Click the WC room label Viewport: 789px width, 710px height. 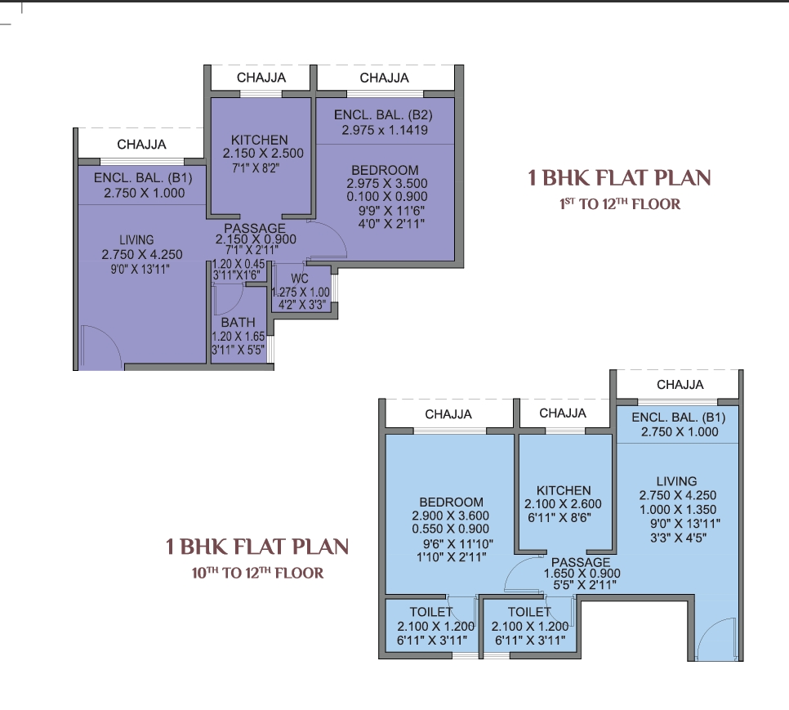click(x=300, y=279)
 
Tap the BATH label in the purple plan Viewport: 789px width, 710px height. click(x=238, y=323)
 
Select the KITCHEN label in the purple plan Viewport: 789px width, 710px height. click(x=260, y=140)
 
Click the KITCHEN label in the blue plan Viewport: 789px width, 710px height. click(x=564, y=490)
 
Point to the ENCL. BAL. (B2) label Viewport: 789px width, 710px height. click(x=383, y=115)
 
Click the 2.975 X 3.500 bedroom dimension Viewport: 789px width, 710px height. click(x=387, y=184)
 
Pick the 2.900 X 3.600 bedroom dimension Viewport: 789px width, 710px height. click(x=450, y=516)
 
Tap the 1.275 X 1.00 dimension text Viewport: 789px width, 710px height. click(x=301, y=292)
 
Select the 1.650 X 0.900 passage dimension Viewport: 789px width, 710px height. click(x=582, y=574)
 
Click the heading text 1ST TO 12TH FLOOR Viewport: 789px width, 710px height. click(x=620, y=203)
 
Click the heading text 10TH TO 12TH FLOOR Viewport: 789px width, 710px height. click(x=257, y=573)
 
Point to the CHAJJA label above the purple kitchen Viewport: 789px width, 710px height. click(x=261, y=78)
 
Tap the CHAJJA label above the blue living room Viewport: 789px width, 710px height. click(x=680, y=385)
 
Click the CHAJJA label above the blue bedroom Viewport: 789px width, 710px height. click(x=448, y=414)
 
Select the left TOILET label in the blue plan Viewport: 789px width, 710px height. click(x=431, y=612)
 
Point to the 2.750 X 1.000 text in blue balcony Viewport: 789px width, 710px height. click(x=680, y=431)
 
